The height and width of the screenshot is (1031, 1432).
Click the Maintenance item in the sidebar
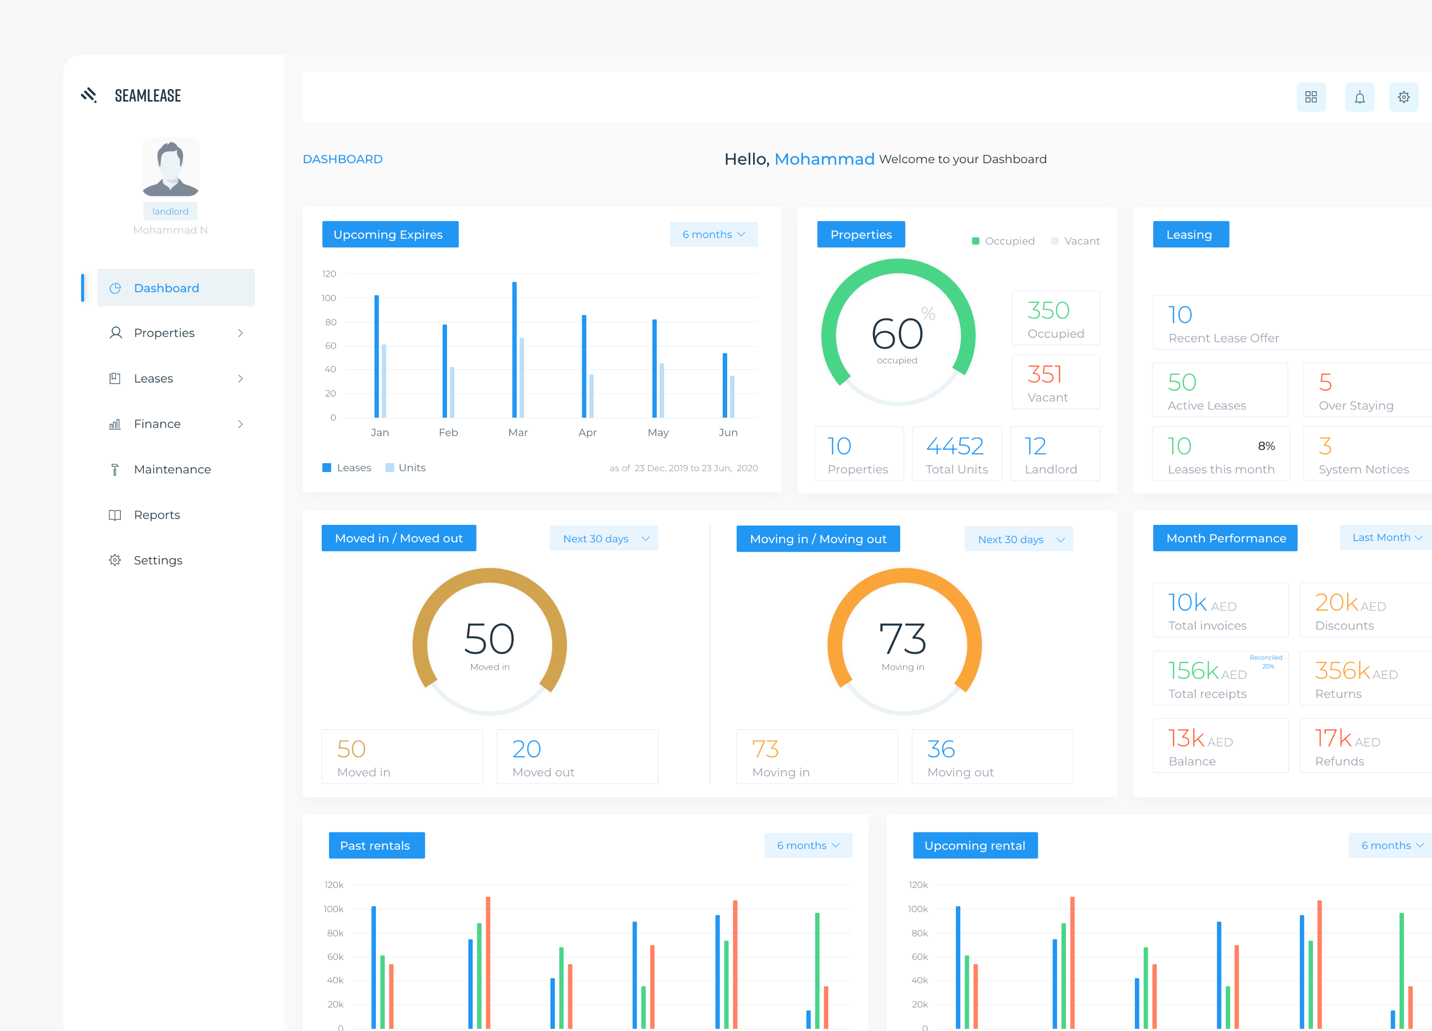pyautogui.click(x=172, y=469)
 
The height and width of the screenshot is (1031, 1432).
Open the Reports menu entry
pyautogui.click(x=157, y=515)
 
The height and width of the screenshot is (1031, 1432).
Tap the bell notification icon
pyautogui.click(x=1360, y=97)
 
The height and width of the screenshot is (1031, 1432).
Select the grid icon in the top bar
pyautogui.click(x=1311, y=97)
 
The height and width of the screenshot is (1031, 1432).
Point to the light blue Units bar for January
pyautogui.click(x=384, y=381)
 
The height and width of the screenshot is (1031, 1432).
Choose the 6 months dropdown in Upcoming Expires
pyautogui.click(x=713, y=234)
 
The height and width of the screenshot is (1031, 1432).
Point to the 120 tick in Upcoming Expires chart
pyautogui.click(x=329, y=274)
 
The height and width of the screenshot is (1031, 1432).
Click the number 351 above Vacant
pyautogui.click(x=1044, y=375)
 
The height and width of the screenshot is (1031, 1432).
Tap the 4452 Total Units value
pyautogui.click(x=955, y=447)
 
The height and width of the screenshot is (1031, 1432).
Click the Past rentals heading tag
pyautogui.click(x=376, y=845)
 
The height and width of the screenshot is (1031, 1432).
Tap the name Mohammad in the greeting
pyautogui.click(x=824, y=159)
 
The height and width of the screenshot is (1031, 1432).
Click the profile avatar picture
pyautogui.click(x=170, y=167)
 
